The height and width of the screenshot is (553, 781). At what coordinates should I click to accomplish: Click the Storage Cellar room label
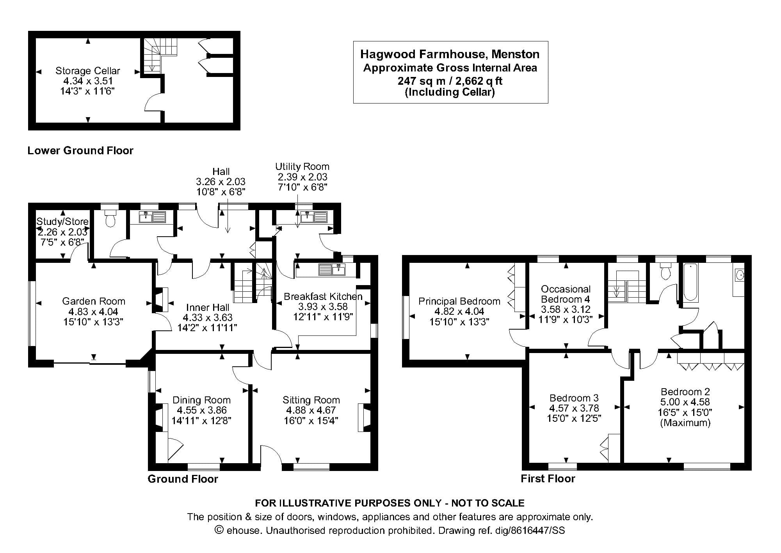click(87, 71)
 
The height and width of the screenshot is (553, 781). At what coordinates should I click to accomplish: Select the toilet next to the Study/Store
click(110, 220)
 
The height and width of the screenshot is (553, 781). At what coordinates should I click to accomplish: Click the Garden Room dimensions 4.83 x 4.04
click(93, 312)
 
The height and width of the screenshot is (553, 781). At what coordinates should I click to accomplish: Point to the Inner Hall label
click(207, 307)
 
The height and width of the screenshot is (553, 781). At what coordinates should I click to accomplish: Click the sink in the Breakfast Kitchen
click(332, 269)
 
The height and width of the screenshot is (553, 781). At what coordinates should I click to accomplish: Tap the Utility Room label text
click(302, 167)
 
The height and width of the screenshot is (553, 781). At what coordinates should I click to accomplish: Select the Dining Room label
click(201, 400)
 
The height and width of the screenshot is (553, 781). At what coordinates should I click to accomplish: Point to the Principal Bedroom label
click(459, 301)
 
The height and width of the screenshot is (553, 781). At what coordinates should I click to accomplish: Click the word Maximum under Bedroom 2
click(685, 423)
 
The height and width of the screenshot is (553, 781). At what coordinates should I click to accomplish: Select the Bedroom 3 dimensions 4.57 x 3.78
click(574, 408)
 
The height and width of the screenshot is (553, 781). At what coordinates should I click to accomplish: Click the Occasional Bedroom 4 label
click(566, 294)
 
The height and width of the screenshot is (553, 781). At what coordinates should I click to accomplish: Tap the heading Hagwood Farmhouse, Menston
click(450, 54)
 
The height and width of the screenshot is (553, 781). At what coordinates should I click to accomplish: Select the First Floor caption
click(548, 479)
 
